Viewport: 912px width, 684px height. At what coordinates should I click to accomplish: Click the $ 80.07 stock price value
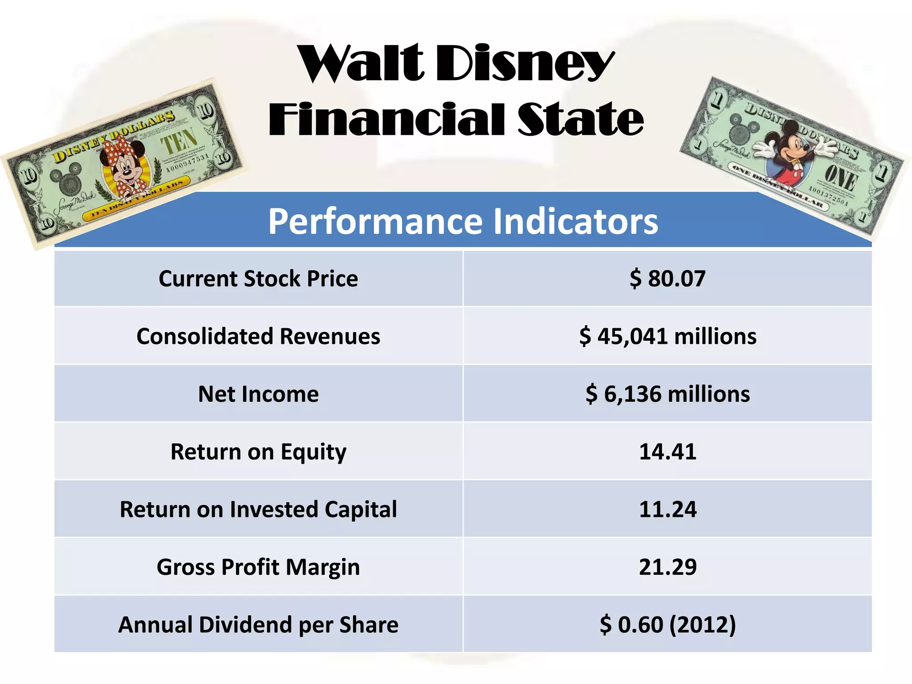coord(667,279)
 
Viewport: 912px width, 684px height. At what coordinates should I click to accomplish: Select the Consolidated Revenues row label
coord(258,336)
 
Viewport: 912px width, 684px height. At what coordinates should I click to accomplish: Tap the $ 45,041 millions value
coord(667,336)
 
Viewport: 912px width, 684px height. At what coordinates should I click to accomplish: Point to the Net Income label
coord(258,394)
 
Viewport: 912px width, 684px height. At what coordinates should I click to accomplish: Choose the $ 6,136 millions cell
coord(667,394)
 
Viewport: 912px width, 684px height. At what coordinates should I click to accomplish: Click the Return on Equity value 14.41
coord(667,452)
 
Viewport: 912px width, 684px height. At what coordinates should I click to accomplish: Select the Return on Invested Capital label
coord(258,509)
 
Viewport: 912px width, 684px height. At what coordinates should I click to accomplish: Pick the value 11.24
coord(667,509)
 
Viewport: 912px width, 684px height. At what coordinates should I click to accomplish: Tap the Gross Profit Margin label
coord(258,567)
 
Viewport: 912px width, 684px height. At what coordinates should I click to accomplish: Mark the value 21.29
coord(667,567)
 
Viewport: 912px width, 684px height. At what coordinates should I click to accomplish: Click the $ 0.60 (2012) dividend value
coord(667,625)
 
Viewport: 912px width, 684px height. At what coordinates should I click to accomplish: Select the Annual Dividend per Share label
coord(258,625)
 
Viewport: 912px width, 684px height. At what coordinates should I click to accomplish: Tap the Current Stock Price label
coord(258,279)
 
